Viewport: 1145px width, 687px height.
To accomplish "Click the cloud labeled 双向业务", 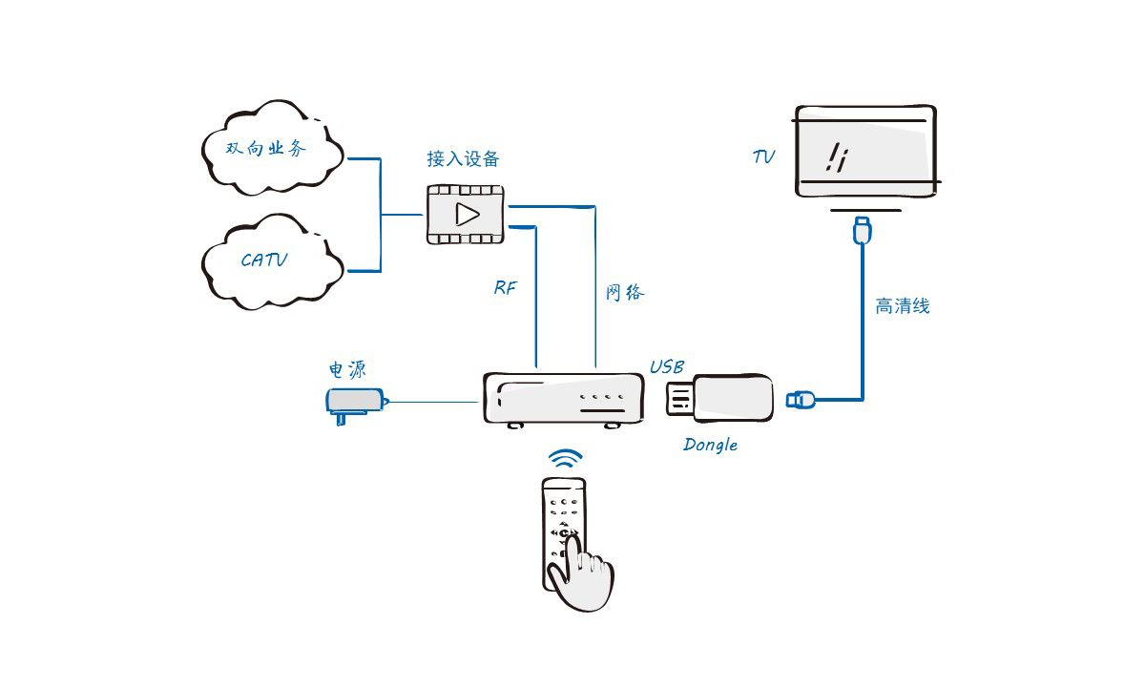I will coord(271,149).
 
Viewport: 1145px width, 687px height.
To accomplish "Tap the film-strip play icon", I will coord(466,214).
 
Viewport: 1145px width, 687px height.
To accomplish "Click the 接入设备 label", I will coord(463,158).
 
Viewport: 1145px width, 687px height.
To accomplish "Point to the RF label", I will coord(505,287).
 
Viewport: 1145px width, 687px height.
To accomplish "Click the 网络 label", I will coord(625,293).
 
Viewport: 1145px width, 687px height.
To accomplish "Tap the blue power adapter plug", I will coord(354,401).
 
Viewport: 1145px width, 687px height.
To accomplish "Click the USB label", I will coord(667,367).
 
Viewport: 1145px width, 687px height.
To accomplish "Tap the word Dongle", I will coord(710,445).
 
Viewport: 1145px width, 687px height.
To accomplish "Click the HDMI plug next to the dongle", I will coord(800,399).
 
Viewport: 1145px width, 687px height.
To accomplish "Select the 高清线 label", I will coord(902,306).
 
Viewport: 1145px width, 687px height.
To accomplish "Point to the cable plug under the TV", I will coord(863,230).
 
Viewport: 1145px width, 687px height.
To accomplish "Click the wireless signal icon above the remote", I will coord(565,459).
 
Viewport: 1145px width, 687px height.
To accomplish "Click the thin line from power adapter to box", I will coord(434,402).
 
